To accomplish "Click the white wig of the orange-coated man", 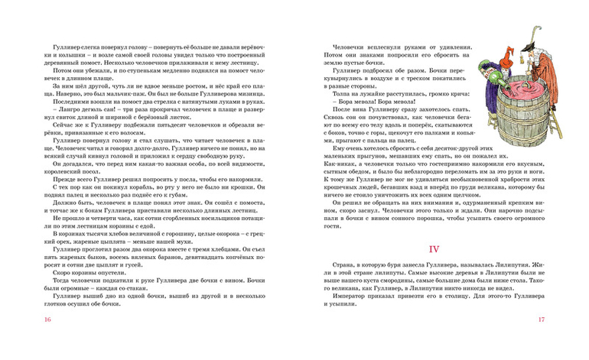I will pos(545,59).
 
